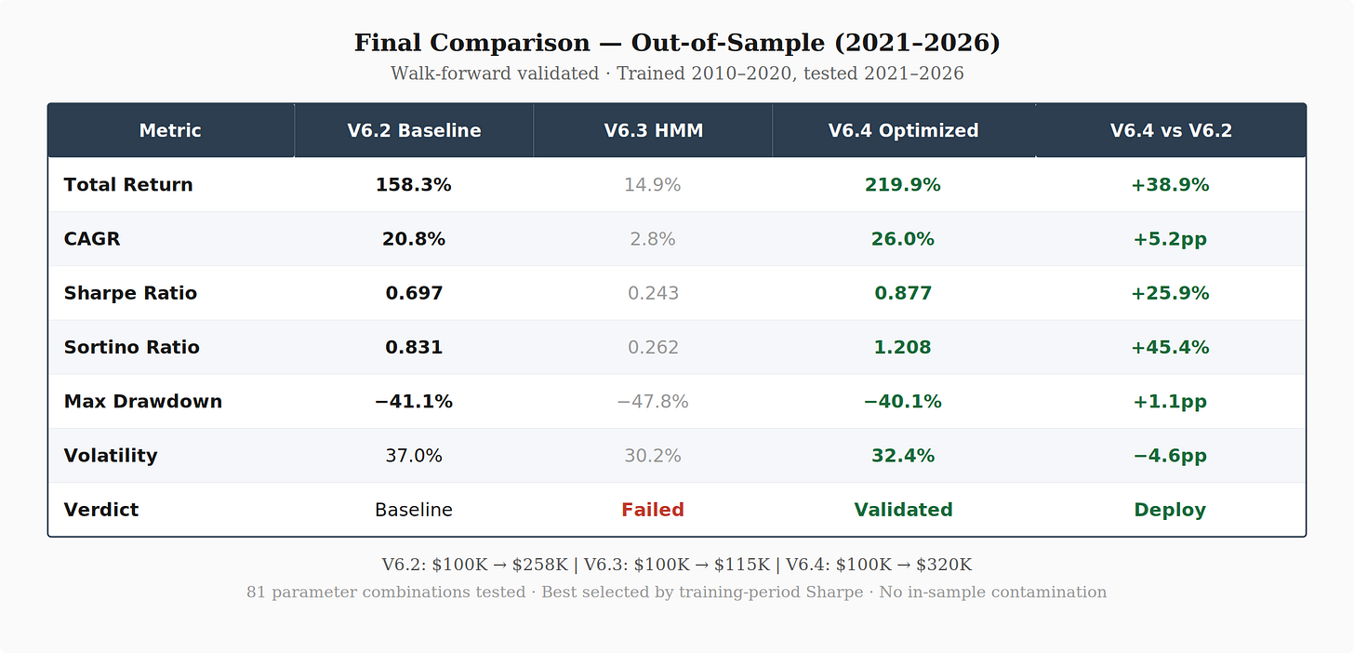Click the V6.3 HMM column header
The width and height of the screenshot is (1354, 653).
(x=654, y=130)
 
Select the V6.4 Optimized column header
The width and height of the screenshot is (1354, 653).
(x=903, y=130)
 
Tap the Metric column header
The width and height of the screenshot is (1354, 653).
(x=170, y=130)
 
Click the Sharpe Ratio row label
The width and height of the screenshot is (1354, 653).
(x=130, y=293)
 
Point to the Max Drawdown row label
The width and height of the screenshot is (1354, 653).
(x=143, y=402)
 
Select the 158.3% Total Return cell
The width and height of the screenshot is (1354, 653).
(x=414, y=185)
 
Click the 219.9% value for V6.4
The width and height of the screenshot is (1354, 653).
(x=902, y=185)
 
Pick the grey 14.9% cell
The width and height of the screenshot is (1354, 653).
(x=653, y=185)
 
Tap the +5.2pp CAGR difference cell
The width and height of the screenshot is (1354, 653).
(x=1170, y=239)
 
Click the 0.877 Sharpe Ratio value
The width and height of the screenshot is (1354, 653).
(x=903, y=293)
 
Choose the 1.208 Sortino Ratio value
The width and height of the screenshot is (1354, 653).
(x=902, y=348)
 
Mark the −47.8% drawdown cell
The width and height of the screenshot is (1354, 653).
(x=653, y=402)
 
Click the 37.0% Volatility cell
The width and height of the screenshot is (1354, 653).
(x=414, y=456)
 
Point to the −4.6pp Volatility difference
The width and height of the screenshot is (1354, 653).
(x=1170, y=456)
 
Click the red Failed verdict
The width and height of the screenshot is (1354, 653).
(x=653, y=511)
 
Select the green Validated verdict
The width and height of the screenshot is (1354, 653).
(x=903, y=511)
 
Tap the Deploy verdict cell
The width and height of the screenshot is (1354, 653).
(x=1170, y=511)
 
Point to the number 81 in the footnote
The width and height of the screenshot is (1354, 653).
(x=256, y=592)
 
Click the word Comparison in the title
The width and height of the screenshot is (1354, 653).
(x=510, y=43)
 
